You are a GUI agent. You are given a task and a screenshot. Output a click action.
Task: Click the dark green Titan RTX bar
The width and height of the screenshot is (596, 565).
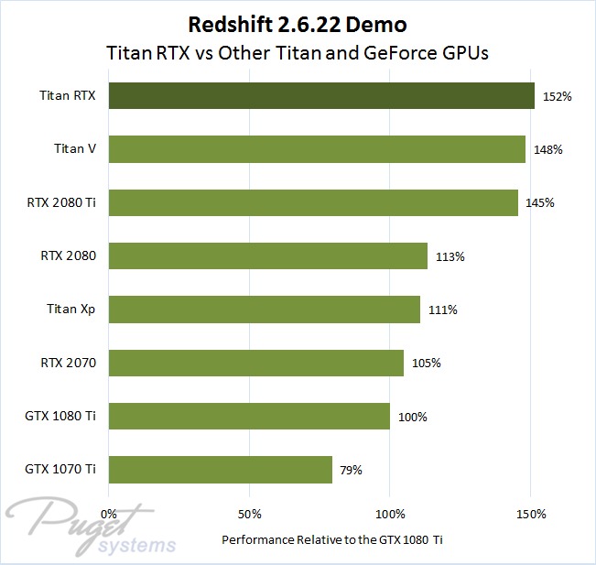[321, 95]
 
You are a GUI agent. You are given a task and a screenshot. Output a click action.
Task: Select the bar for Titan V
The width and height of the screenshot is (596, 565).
[317, 149]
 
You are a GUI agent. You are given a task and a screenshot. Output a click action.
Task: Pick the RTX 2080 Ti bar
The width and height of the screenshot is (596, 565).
[313, 202]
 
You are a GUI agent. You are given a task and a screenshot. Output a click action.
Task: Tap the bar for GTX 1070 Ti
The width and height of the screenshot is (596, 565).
[221, 470]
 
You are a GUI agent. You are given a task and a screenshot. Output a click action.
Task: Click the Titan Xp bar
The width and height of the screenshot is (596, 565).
[265, 310]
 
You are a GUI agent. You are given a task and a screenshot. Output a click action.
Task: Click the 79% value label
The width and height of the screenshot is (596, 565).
[351, 471]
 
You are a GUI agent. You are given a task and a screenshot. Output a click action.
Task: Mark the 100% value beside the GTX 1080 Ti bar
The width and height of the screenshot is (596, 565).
[412, 417]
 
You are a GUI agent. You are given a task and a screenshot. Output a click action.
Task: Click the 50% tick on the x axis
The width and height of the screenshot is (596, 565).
[249, 512]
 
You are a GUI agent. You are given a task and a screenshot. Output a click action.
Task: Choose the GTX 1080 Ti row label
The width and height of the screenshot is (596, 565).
[62, 417]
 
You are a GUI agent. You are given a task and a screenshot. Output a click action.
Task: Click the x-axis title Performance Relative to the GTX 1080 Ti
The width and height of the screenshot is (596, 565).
[332, 539]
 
